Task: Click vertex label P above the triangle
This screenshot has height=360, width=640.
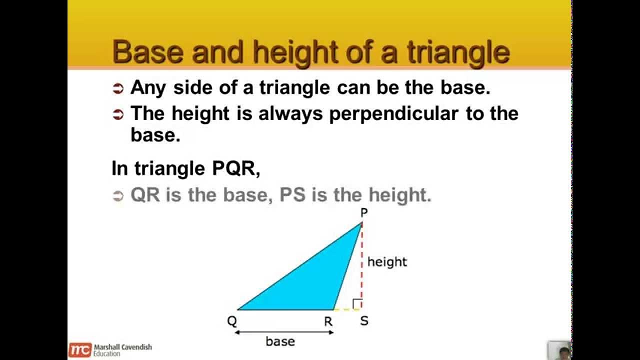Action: pos(364,212)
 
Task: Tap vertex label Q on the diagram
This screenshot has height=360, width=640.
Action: pos(232,321)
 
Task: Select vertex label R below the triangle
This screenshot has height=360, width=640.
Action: pos(328,321)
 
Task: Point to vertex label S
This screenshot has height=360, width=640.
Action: pos(364,321)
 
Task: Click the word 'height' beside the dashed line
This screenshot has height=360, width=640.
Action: pos(387,261)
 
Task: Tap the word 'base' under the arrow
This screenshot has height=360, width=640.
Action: pos(280,341)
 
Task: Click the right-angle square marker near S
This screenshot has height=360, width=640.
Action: pos(357,304)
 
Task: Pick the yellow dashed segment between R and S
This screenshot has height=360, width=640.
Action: pos(346,309)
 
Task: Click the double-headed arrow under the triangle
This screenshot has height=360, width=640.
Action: pos(284,331)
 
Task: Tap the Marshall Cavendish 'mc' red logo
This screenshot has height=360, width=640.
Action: pos(80,349)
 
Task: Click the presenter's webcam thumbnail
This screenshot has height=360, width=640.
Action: pos(559,350)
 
